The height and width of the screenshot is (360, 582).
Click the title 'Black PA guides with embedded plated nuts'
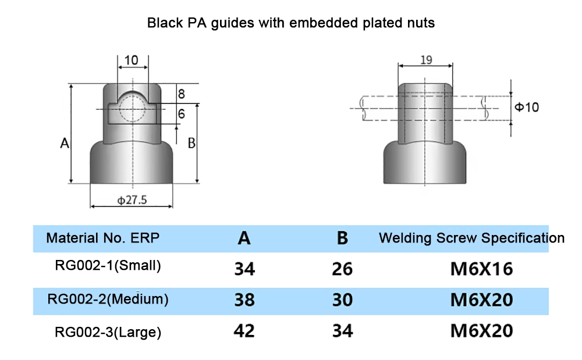pos(290,23)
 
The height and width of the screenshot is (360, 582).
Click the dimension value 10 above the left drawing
pos(132,60)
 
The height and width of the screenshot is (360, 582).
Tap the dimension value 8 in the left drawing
pos(181,94)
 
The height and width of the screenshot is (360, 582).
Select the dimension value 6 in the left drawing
pos(182,114)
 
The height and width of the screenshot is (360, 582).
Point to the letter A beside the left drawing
pos(65,143)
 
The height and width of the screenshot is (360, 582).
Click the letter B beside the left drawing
pos(191,143)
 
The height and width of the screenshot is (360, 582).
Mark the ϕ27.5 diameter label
pos(132,200)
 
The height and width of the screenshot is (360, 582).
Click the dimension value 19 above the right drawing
pos(425,60)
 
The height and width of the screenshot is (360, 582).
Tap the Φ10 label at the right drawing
pos(527,107)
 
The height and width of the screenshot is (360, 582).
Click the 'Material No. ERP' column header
pos(102,238)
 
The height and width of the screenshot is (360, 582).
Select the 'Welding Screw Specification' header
pos(471,238)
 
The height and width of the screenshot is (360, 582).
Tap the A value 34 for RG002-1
pos(244,269)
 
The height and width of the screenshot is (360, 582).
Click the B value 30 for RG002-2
pos(342,300)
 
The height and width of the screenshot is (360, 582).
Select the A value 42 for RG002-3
pos(244,332)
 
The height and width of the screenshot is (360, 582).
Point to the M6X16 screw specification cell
pos(481,269)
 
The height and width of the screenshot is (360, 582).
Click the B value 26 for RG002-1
pos(342,269)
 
